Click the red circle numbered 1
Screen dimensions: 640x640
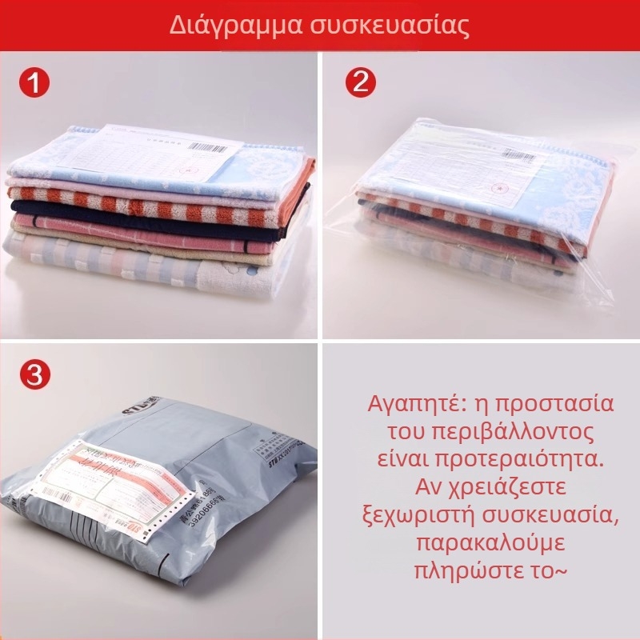[35, 83]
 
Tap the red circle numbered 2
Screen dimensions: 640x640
[360, 83]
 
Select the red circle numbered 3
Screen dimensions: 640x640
[35, 375]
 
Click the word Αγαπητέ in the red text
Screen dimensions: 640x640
[410, 402]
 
